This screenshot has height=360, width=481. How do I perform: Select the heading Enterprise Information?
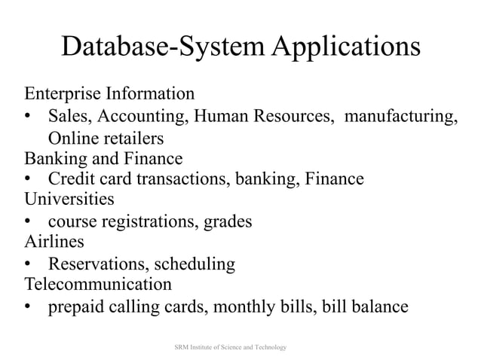[109, 95]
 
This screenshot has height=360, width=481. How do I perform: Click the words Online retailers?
[106, 139]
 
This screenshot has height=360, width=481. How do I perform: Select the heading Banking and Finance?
[103, 159]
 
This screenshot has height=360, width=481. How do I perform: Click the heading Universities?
[69, 200]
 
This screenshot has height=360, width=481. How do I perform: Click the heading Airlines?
[54, 242]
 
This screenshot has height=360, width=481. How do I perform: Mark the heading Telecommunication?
[98, 285]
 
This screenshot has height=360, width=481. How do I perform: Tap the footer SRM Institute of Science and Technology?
[231, 347]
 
